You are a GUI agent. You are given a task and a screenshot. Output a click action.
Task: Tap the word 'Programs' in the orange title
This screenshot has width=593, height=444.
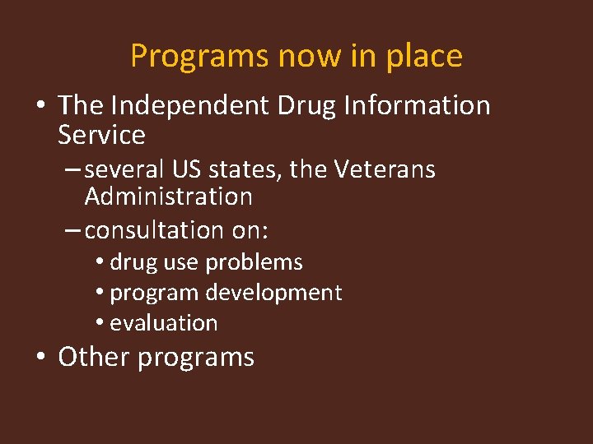(x=200, y=56)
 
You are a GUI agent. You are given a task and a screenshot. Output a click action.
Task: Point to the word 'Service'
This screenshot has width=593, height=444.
(x=101, y=135)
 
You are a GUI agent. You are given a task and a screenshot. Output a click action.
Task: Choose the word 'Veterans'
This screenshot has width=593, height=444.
(x=385, y=170)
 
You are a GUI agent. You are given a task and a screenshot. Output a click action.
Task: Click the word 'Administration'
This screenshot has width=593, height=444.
(x=168, y=197)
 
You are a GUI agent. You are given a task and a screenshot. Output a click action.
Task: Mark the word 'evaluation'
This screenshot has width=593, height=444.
(x=163, y=323)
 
